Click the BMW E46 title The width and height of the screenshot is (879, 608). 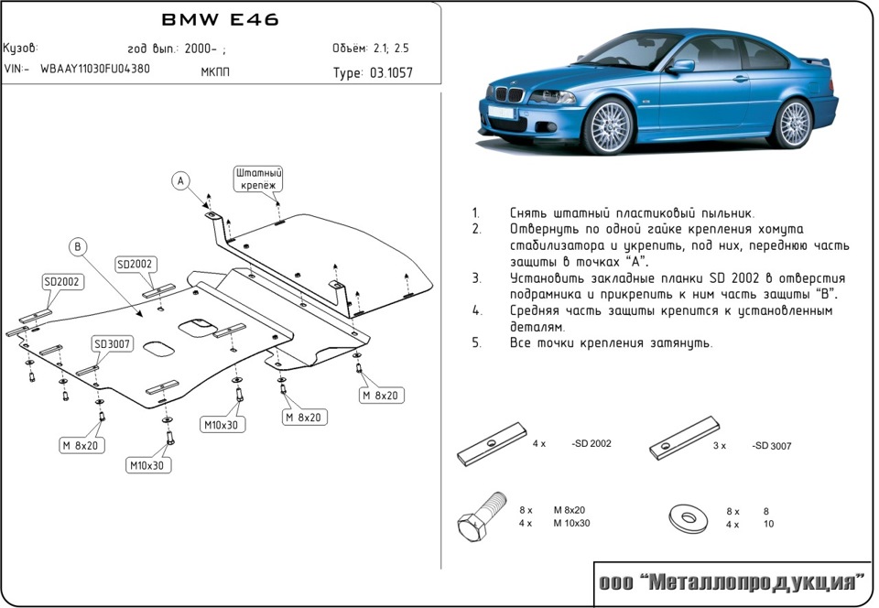pos(220,19)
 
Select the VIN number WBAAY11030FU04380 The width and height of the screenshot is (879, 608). pos(95,69)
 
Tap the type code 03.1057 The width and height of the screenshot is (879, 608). pos(391,73)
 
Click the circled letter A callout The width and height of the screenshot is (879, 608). pos(181,180)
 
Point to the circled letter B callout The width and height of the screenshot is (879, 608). pos(79,245)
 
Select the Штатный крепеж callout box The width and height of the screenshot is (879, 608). pos(258,179)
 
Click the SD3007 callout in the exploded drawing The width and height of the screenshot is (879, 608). pos(112,344)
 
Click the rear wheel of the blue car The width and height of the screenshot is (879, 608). pos(793,121)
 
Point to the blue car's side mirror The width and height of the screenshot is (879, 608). pos(681,67)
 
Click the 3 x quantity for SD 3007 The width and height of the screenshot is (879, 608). pos(719,446)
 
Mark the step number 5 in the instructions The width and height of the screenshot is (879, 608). pos(476,343)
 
